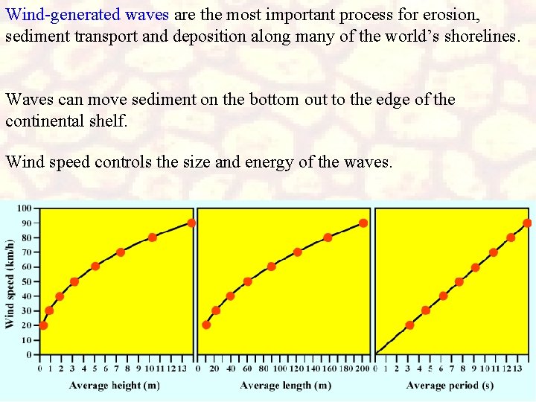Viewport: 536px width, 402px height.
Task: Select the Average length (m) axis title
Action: pos(286,385)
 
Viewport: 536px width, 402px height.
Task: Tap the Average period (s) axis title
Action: pos(450,385)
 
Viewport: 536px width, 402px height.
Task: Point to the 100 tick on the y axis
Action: pos(25,208)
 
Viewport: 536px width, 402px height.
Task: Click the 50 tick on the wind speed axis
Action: pos(26,281)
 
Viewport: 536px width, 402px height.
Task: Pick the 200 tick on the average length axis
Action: pos(363,367)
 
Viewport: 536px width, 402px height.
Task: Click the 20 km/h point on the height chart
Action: pos(43,325)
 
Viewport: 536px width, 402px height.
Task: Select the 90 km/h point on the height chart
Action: pos(191,223)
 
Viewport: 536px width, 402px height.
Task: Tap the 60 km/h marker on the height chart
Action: pos(95,267)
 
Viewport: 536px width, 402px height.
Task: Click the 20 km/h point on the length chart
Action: pos(206,325)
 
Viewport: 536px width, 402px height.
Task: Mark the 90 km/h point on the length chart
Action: pos(363,223)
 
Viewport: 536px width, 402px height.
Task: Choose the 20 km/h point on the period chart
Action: pos(409,325)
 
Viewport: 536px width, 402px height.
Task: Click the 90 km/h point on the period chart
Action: pos(527,223)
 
